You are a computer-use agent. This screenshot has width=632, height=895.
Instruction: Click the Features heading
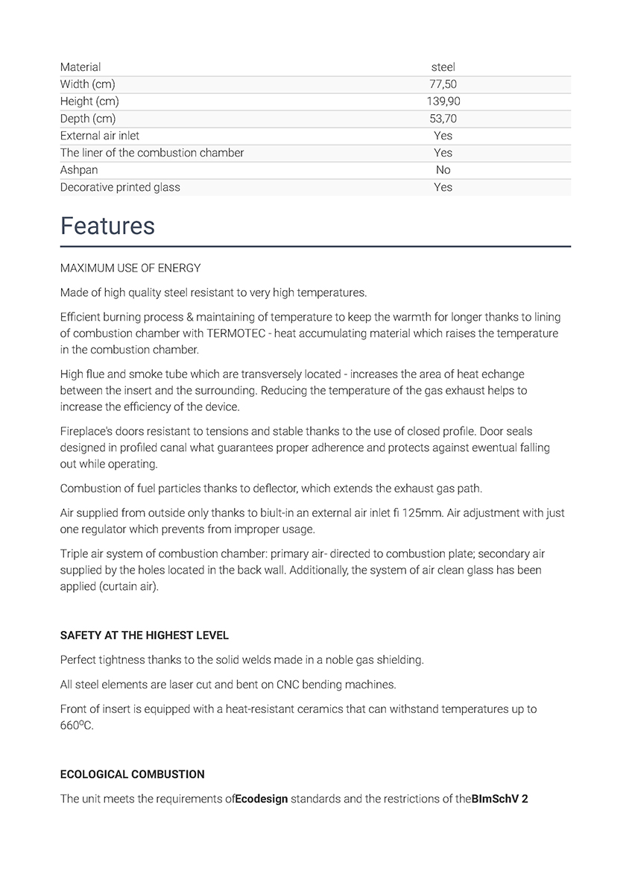pyautogui.click(x=107, y=226)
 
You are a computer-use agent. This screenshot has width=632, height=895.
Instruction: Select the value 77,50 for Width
pyautogui.click(x=443, y=84)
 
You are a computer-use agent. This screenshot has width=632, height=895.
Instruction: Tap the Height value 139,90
pyautogui.click(x=443, y=101)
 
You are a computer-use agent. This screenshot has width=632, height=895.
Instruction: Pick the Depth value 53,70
pyautogui.click(x=443, y=119)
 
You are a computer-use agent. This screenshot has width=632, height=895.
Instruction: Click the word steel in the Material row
pyautogui.click(x=443, y=67)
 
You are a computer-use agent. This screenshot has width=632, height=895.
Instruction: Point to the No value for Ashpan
pyautogui.click(x=443, y=170)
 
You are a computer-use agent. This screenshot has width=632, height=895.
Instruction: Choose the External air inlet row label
pyautogui.click(x=100, y=136)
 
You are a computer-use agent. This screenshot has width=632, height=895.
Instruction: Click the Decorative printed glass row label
pyautogui.click(x=120, y=187)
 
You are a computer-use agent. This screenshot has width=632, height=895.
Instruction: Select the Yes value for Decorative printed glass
pyautogui.click(x=443, y=187)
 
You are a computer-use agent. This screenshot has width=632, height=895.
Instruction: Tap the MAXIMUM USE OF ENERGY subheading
pyautogui.click(x=130, y=268)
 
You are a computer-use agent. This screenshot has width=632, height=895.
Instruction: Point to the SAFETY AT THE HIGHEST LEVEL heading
pyautogui.click(x=145, y=635)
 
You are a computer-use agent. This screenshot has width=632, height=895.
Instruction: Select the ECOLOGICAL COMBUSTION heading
pyautogui.click(x=133, y=774)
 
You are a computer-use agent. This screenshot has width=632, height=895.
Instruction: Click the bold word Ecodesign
pyautogui.click(x=262, y=799)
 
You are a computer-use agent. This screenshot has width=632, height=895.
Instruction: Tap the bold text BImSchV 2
pyautogui.click(x=500, y=799)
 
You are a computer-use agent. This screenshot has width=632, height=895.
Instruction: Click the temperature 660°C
pyautogui.click(x=77, y=726)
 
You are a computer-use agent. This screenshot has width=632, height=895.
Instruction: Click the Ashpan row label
pyautogui.click(x=79, y=170)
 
